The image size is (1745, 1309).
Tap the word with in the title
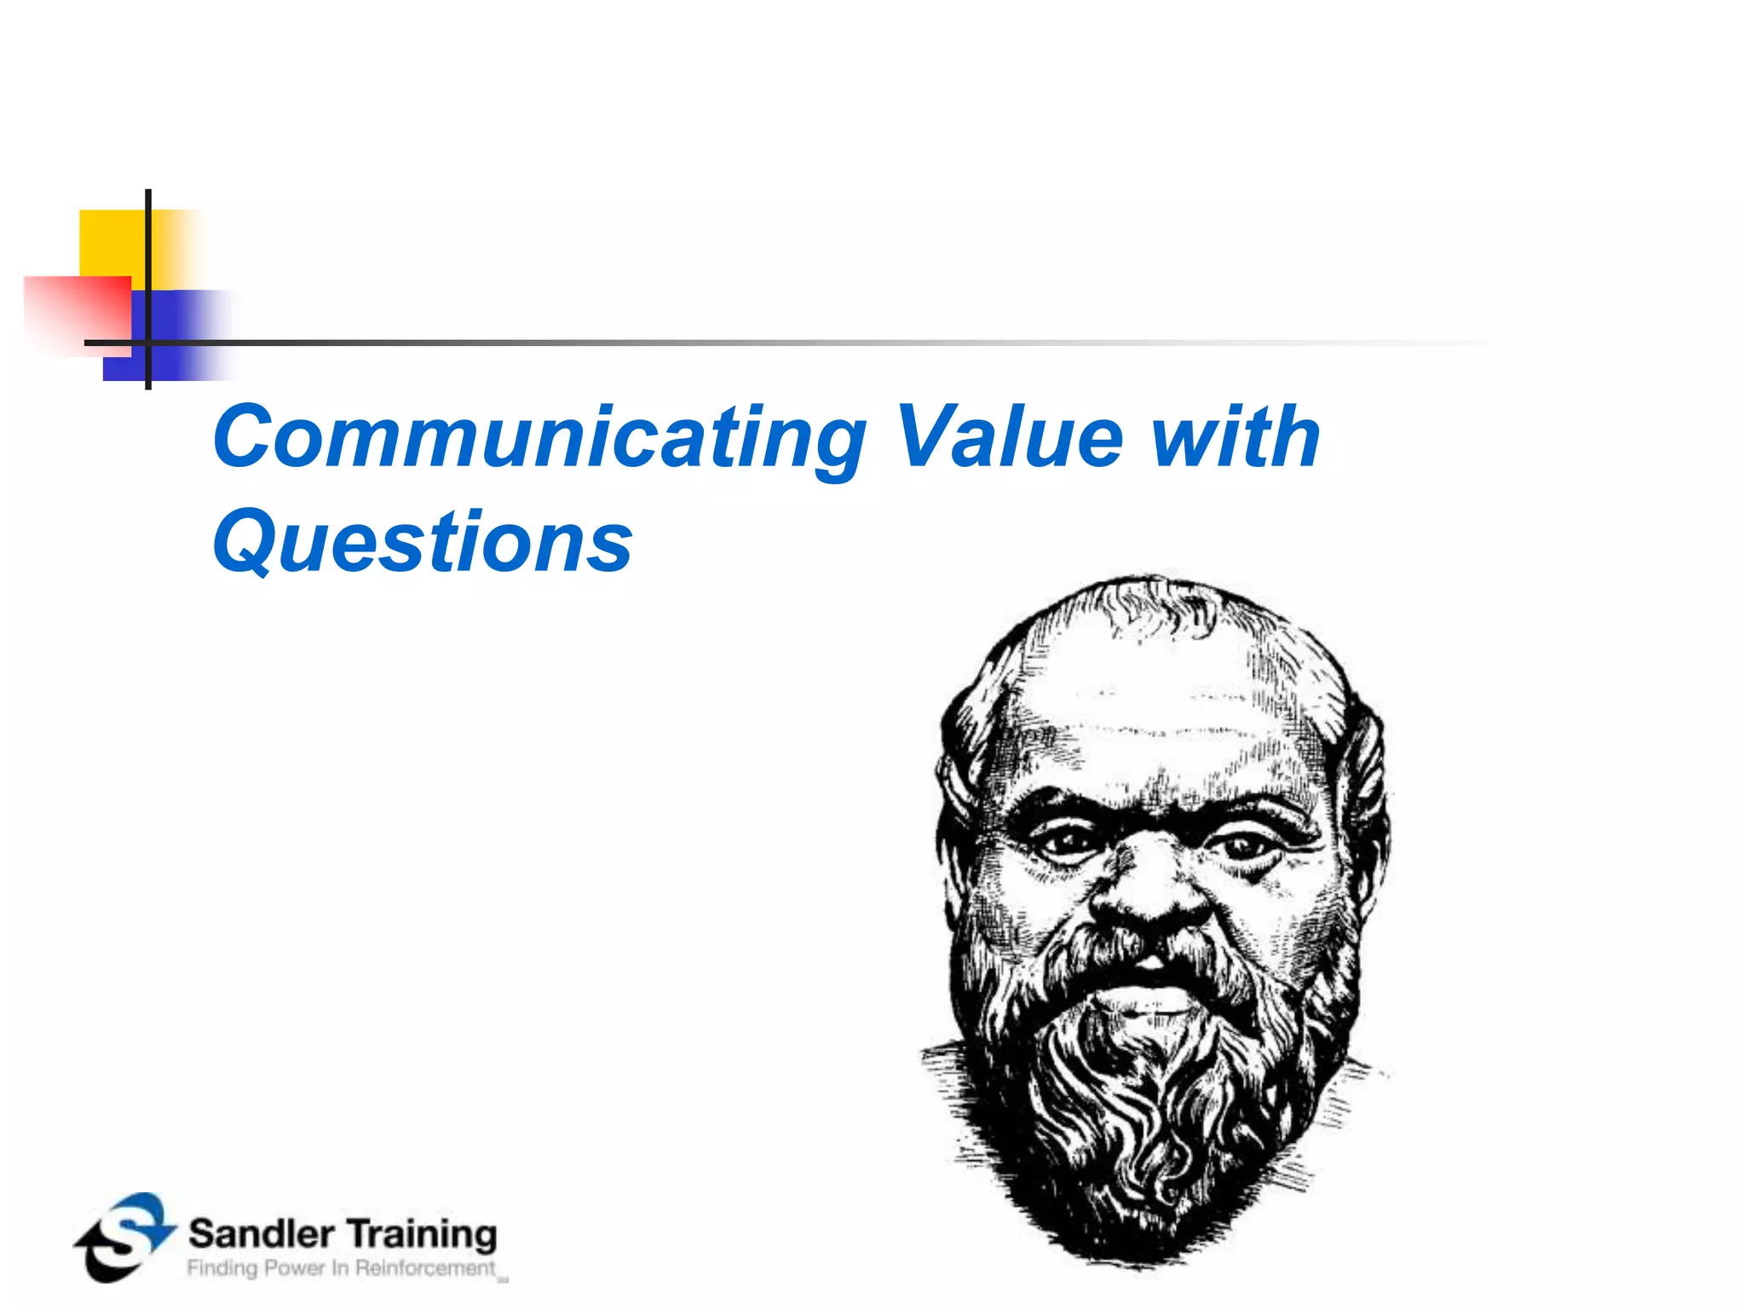pos(1235,436)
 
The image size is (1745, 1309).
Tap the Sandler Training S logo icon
pos(124,1237)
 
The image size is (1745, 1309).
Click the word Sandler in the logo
pos(261,1234)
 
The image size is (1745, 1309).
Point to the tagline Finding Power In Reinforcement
pos(341,1268)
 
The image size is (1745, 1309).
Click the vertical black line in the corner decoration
pos(148,256)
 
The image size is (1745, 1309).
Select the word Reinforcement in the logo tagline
pos(425,1268)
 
